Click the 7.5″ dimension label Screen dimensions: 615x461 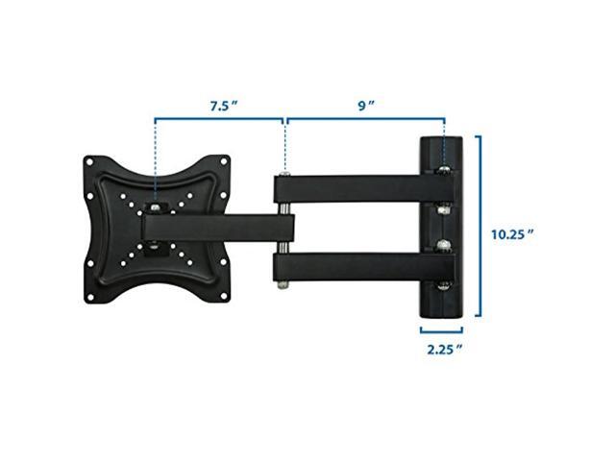[x=224, y=106]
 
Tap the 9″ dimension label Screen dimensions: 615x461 [x=366, y=106]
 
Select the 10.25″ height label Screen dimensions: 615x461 [x=513, y=234]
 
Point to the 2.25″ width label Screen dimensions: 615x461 [x=445, y=349]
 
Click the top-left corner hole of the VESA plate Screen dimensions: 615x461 [x=89, y=161]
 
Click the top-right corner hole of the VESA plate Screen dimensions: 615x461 [x=224, y=161]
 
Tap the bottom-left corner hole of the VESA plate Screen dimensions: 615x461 [x=89, y=297]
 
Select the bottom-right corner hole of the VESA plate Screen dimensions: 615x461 [x=224, y=297]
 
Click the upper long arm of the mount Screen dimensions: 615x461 [x=365, y=189]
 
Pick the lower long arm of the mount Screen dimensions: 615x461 [x=365, y=267]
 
